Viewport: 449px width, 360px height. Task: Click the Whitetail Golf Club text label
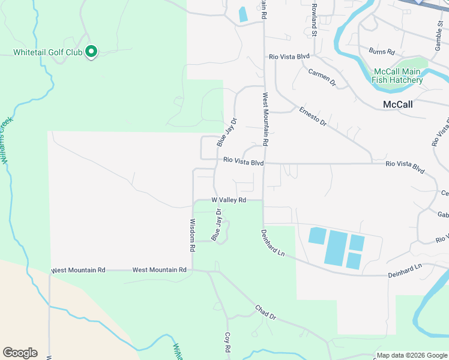coord(48,53)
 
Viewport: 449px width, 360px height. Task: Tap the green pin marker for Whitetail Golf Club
coord(91,52)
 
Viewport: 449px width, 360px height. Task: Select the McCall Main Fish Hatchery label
coord(397,76)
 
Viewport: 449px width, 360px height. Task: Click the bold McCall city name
coord(398,104)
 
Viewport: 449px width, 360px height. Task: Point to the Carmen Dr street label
coord(321,77)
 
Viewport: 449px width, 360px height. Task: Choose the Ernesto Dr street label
coord(313,116)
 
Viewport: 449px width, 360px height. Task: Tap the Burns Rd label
coord(382,52)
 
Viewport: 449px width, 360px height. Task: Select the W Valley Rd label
coord(229,200)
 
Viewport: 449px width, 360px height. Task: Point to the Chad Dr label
coord(265,312)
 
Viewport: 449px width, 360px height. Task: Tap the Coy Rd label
coord(228,343)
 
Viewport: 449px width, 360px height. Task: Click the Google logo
coord(20,353)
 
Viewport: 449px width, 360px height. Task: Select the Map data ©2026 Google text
coord(411,355)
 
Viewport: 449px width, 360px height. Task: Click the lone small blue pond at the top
coord(243,14)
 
